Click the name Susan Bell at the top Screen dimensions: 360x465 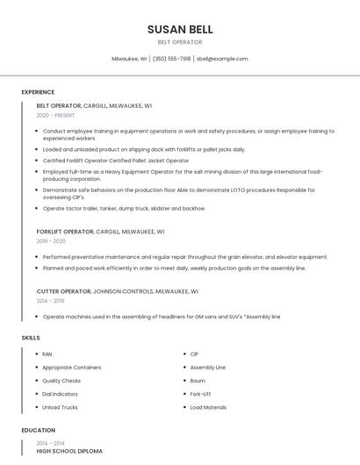click(x=180, y=30)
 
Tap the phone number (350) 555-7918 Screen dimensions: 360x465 click(x=171, y=59)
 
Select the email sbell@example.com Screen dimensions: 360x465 click(x=222, y=59)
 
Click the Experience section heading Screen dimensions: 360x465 click(x=38, y=92)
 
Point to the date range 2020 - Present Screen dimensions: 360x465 click(x=55, y=115)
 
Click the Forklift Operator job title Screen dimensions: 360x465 click(x=64, y=232)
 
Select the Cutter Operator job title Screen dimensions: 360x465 click(x=63, y=290)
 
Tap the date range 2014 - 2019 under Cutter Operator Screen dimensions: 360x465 click(x=50, y=300)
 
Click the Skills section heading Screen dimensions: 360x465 click(x=31, y=337)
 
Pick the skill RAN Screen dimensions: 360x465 click(x=47, y=354)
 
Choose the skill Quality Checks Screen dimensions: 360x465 click(x=61, y=381)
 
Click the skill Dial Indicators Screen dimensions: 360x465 click(x=61, y=394)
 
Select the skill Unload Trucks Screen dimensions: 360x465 click(x=60, y=407)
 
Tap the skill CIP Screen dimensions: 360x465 click(x=194, y=354)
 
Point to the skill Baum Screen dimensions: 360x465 click(x=197, y=381)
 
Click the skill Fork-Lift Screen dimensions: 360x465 click(x=200, y=394)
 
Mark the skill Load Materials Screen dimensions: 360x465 click(x=208, y=407)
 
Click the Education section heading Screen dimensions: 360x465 click(x=38, y=431)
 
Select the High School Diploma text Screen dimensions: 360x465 click(x=69, y=451)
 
